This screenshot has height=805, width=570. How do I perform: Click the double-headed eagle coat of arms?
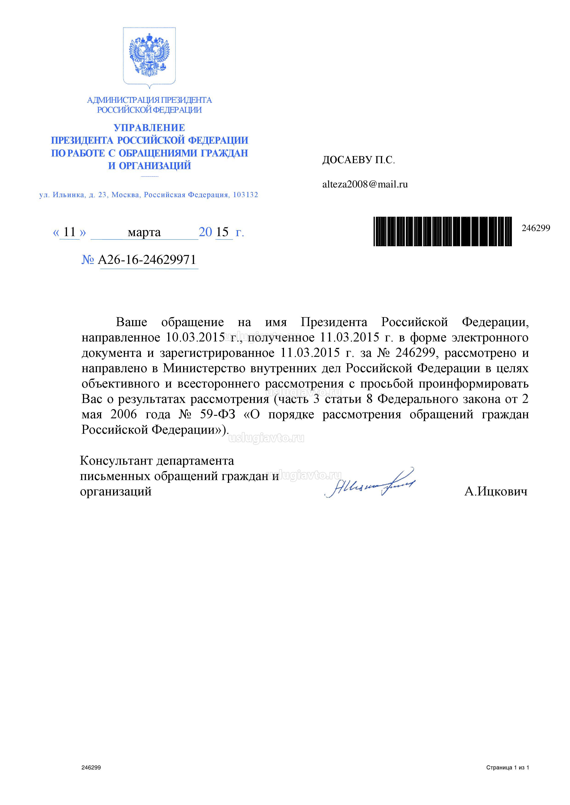pos(149,56)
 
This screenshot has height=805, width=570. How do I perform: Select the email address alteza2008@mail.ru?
pos(365,184)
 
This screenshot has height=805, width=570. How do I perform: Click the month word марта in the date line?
pos(144,232)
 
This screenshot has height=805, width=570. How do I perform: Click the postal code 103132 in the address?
pos(245,195)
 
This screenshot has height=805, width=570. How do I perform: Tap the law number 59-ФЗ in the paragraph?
pos(218,414)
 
